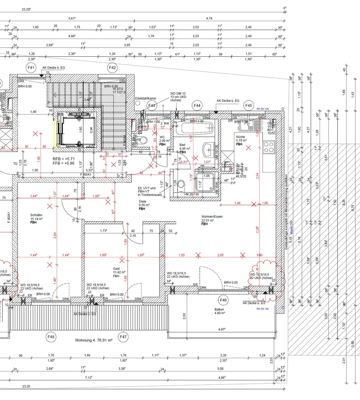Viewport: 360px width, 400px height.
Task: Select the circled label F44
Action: [197, 105]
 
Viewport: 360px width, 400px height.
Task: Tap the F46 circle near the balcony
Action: [223, 300]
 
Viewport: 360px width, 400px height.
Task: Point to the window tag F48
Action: [51, 337]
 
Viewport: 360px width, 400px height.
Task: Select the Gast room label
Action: [116, 269]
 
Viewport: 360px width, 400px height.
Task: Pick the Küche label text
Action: [240, 136]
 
